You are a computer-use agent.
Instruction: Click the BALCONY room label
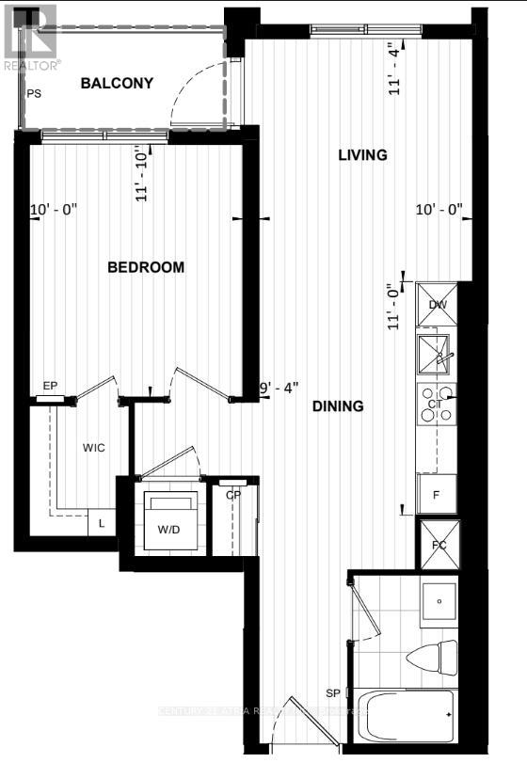coord(117,84)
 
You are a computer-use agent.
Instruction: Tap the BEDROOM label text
coord(146,267)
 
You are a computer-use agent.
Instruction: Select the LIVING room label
coord(362,155)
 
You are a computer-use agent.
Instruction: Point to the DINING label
coord(338,406)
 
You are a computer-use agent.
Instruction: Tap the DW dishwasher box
coord(437,304)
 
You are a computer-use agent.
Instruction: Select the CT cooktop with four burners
coord(436,404)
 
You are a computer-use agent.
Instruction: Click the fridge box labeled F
coord(437,494)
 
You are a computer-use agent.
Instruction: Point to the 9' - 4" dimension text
coord(279,386)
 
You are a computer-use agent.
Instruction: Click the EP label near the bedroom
coord(50,386)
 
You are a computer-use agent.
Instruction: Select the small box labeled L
coord(102,524)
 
